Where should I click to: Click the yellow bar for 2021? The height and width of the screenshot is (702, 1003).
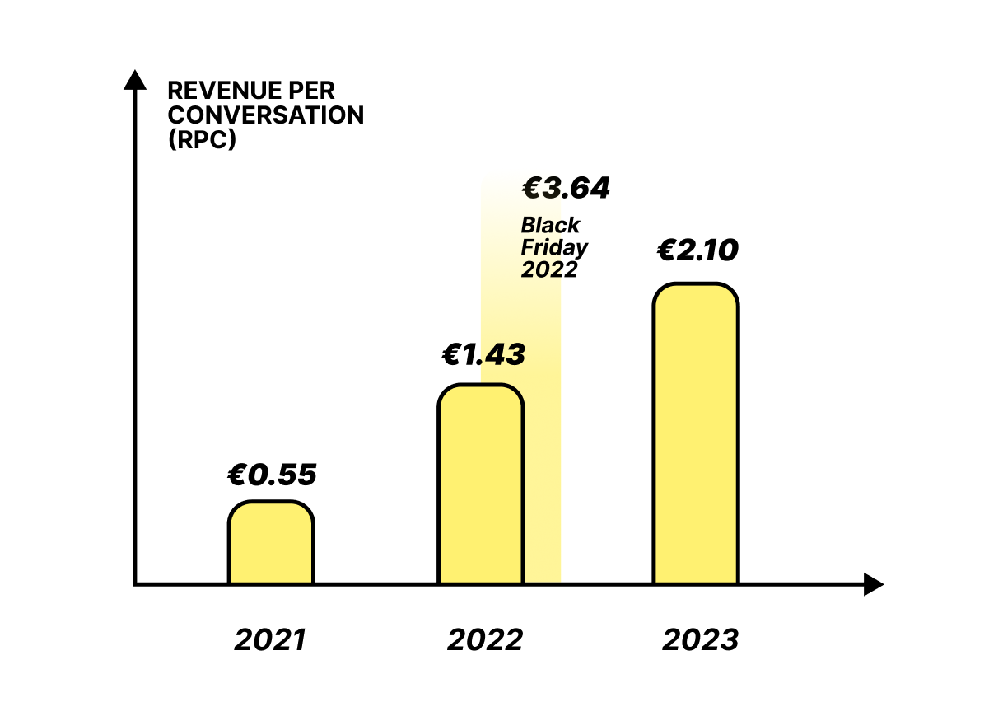[271, 543]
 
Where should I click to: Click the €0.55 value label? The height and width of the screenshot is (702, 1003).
[272, 475]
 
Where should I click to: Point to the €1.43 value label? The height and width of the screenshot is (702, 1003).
[483, 355]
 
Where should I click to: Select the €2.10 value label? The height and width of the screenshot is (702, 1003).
[697, 250]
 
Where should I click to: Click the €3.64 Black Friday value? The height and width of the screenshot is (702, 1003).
[566, 189]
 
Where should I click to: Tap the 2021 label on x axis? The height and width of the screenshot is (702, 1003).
[270, 640]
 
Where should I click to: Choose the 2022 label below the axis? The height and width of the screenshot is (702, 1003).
[485, 640]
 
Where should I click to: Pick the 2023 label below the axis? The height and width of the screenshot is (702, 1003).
[700, 640]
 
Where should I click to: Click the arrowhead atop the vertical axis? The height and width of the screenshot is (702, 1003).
[134, 80]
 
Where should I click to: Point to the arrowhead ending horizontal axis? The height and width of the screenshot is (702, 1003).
[874, 585]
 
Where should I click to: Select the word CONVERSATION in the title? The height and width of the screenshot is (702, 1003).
[265, 115]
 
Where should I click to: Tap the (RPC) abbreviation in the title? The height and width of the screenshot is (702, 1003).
[201, 139]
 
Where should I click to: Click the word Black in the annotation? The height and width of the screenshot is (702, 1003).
[550, 225]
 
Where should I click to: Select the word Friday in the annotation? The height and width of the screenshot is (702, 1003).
[554, 247]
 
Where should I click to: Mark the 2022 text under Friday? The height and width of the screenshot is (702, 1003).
[549, 269]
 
